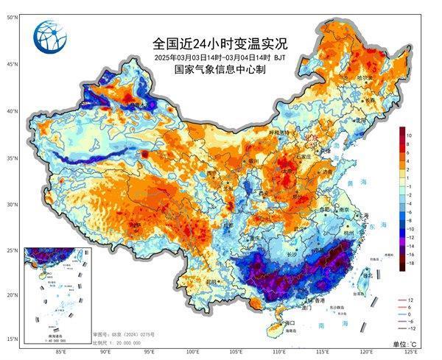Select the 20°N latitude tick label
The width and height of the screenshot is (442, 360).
pos(12,294)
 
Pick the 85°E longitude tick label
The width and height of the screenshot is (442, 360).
pos(62,352)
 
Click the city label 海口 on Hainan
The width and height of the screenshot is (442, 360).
pos(289,322)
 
